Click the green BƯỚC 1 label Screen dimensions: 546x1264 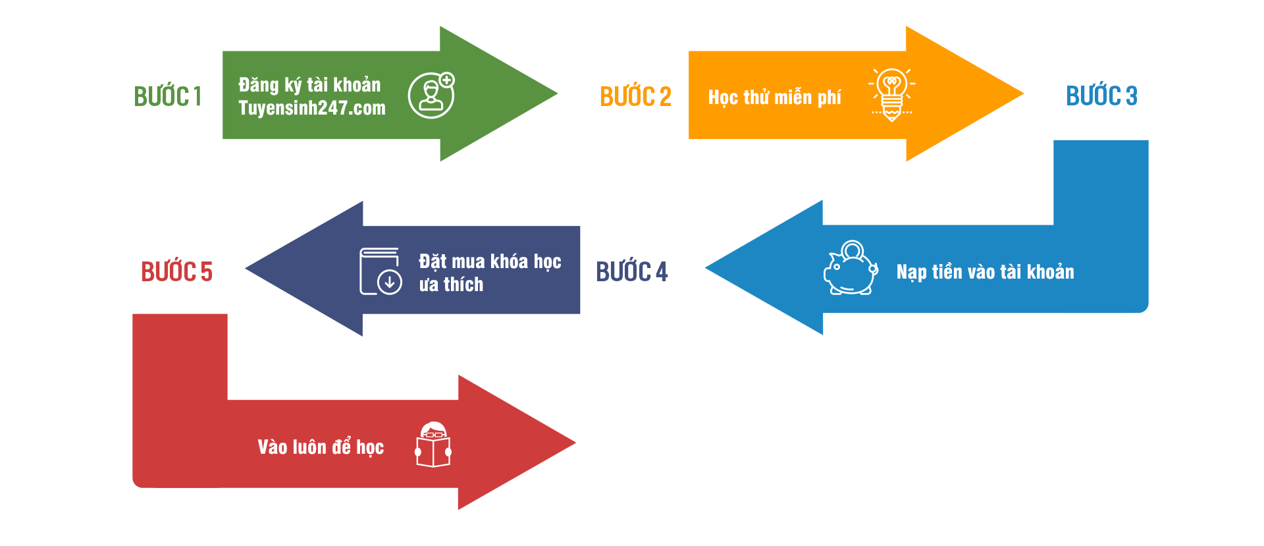168,96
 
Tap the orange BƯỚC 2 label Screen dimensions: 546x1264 635,96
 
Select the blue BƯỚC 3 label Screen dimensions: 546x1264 1101,96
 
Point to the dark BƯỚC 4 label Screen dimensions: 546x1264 631,271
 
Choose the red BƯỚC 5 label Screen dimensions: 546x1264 176,271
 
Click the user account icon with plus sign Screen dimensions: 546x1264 431,96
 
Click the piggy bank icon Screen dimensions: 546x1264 851,268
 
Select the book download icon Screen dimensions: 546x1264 381,271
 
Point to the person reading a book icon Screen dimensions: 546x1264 433,445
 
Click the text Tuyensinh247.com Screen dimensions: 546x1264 312,108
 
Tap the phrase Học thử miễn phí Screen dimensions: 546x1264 774,97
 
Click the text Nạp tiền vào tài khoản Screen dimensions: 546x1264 985,272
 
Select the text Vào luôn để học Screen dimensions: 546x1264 321,447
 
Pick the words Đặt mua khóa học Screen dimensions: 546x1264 490,261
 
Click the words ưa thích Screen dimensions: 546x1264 451,285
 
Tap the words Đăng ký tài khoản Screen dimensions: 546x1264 309,85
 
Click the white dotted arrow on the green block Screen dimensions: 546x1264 550,94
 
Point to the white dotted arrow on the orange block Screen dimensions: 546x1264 1016,94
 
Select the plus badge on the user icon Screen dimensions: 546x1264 446,80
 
